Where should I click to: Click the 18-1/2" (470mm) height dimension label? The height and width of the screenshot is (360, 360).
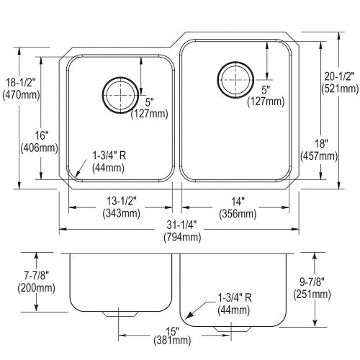[x=21, y=89]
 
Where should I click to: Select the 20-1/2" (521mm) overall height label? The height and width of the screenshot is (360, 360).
[x=340, y=83]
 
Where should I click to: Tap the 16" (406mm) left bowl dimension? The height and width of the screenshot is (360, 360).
[x=40, y=142]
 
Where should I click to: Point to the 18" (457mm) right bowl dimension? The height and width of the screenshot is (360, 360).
[x=319, y=150]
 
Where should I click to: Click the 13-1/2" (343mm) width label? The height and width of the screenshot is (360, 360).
[x=121, y=207]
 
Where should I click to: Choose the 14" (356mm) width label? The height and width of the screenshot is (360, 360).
[x=238, y=207]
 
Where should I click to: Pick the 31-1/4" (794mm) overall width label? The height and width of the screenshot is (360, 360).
[x=182, y=231]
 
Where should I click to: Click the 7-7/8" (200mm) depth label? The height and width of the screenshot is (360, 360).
[x=36, y=282]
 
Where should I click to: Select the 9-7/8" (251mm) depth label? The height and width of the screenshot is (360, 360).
[x=312, y=288]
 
